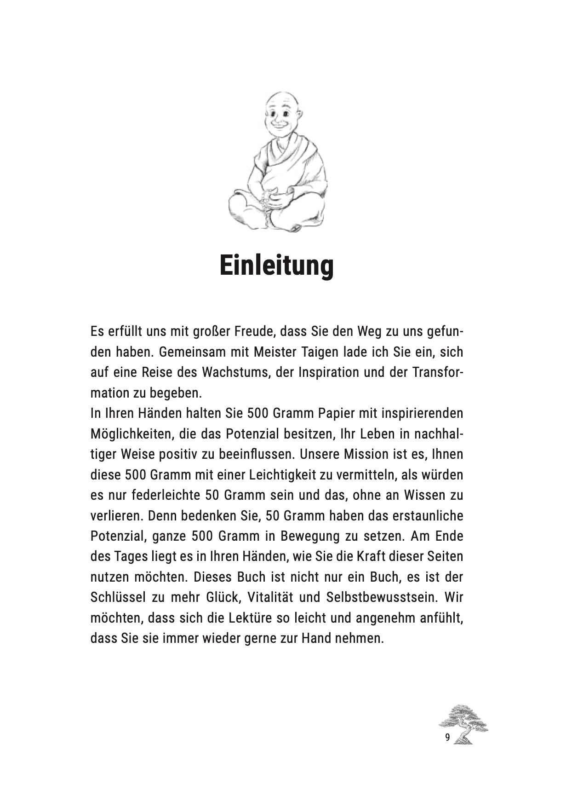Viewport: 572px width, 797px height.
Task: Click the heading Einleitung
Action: (x=276, y=266)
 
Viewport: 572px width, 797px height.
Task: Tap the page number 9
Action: (x=447, y=738)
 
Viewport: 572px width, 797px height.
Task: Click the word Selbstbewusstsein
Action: (x=382, y=597)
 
